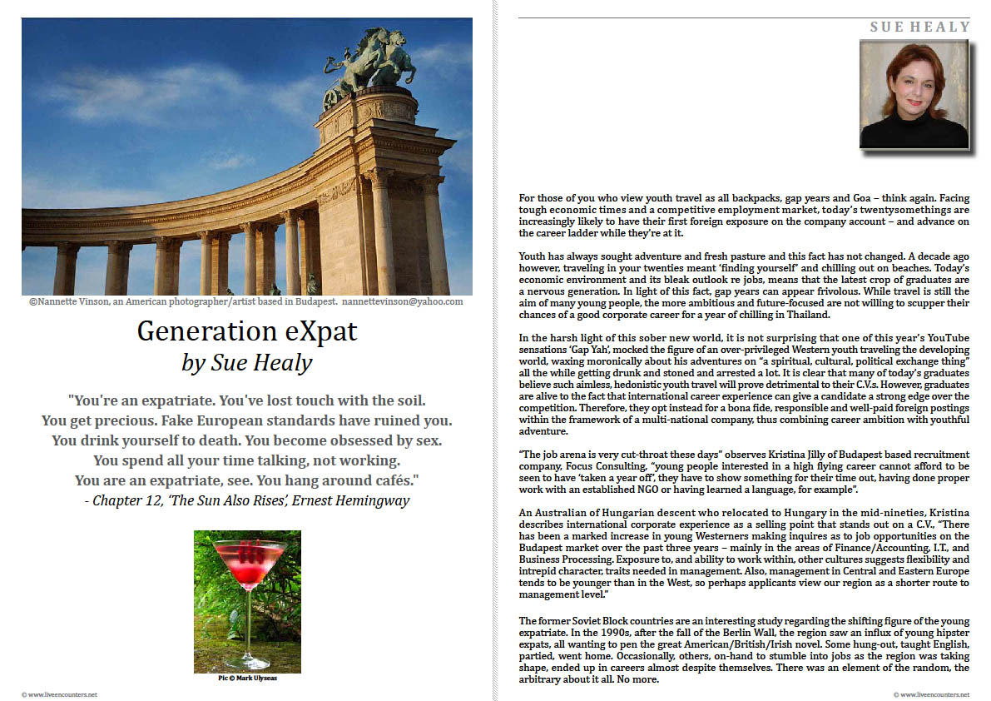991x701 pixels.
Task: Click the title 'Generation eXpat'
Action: (247, 331)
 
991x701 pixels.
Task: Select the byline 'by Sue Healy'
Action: (246, 362)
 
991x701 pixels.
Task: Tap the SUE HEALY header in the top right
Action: (920, 27)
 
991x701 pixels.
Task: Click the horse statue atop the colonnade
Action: (375, 67)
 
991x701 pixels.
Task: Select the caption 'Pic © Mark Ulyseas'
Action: (247, 678)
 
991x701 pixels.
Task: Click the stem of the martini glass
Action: (247, 617)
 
